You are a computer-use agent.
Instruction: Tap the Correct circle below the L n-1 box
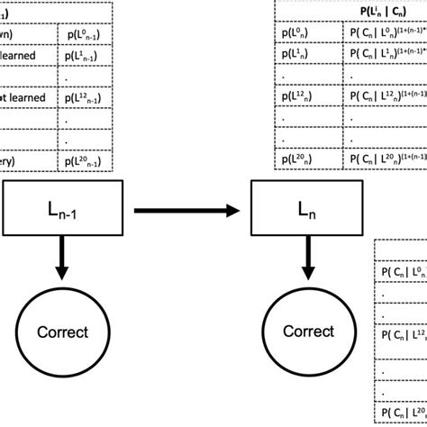coord(62,332)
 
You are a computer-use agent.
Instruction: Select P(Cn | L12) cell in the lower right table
coord(401,336)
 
